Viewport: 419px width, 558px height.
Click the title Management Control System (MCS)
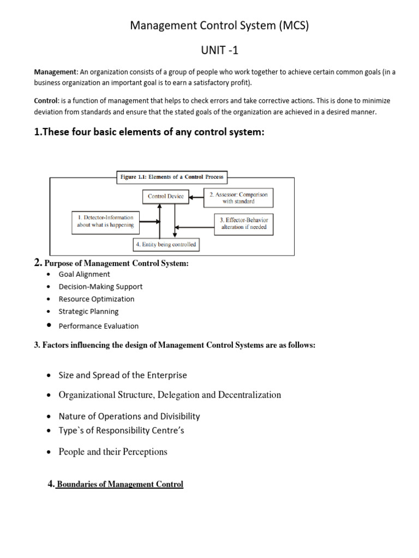click(220, 26)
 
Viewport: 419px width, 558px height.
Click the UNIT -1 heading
click(220, 50)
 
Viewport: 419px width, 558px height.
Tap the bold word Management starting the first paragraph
click(55, 72)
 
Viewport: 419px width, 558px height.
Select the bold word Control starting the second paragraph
click(46, 101)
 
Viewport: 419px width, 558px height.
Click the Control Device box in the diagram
click(166, 196)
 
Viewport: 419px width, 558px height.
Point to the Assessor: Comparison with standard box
click(238, 197)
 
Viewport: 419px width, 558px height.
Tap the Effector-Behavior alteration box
click(243, 223)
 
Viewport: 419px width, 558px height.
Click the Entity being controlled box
click(166, 245)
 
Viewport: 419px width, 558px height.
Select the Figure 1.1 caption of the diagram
click(172, 177)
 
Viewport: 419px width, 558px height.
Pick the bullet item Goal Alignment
click(84, 274)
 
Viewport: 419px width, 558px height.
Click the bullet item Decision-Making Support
click(100, 287)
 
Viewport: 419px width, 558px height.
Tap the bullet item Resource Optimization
click(97, 299)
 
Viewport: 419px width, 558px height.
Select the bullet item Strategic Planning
click(88, 312)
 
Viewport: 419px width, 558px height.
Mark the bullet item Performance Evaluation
click(98, 326)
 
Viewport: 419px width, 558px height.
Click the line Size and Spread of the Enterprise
click(123, 375)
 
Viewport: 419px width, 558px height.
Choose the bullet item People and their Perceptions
click(113, 452)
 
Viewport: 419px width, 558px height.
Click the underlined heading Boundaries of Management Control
click(120, 484)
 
